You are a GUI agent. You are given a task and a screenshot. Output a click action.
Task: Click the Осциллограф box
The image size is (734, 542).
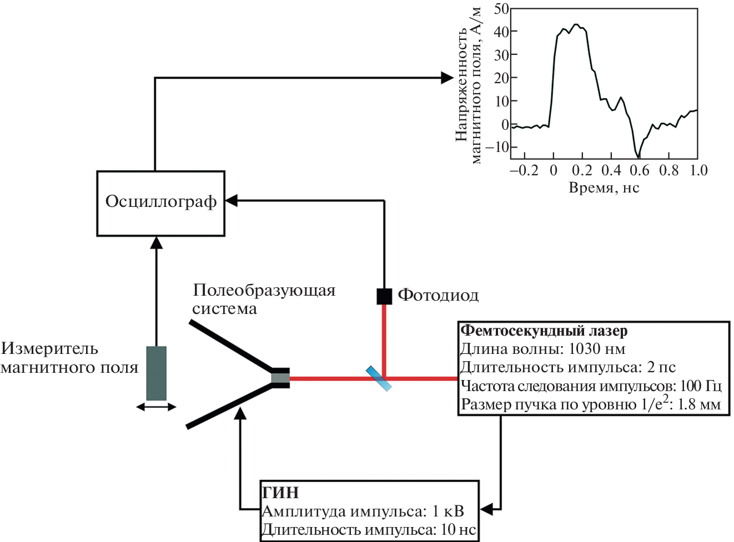pos(160,203)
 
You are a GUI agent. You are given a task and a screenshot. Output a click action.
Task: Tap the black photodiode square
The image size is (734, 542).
pos(384,296)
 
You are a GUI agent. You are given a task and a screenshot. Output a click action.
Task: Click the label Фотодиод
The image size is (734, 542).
pos(438,296)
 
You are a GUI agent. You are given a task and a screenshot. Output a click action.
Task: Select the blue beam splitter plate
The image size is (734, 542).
pos(379,378)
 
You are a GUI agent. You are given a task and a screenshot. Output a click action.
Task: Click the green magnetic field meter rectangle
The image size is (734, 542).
pos(156,373)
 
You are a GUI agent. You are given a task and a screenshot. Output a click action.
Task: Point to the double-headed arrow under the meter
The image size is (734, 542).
pos(156,407)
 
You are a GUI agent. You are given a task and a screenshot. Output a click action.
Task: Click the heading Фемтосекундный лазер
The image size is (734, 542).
pos(544,331)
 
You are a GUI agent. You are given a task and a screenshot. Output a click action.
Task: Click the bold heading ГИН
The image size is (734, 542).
pos(281,493)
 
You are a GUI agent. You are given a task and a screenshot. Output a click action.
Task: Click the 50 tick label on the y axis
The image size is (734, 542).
pos(501,9)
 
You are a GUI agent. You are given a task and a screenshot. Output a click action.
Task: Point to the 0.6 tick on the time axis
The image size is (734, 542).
pos(639,170)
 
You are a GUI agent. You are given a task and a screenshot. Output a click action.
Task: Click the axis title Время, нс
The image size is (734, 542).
pos(604,188)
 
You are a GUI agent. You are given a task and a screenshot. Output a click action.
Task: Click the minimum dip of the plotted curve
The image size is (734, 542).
pos(639,157)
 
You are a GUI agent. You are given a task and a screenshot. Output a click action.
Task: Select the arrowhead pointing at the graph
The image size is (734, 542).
pos(447,78)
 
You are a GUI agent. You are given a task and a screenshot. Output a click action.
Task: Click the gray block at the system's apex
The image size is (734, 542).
pos(280,378)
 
